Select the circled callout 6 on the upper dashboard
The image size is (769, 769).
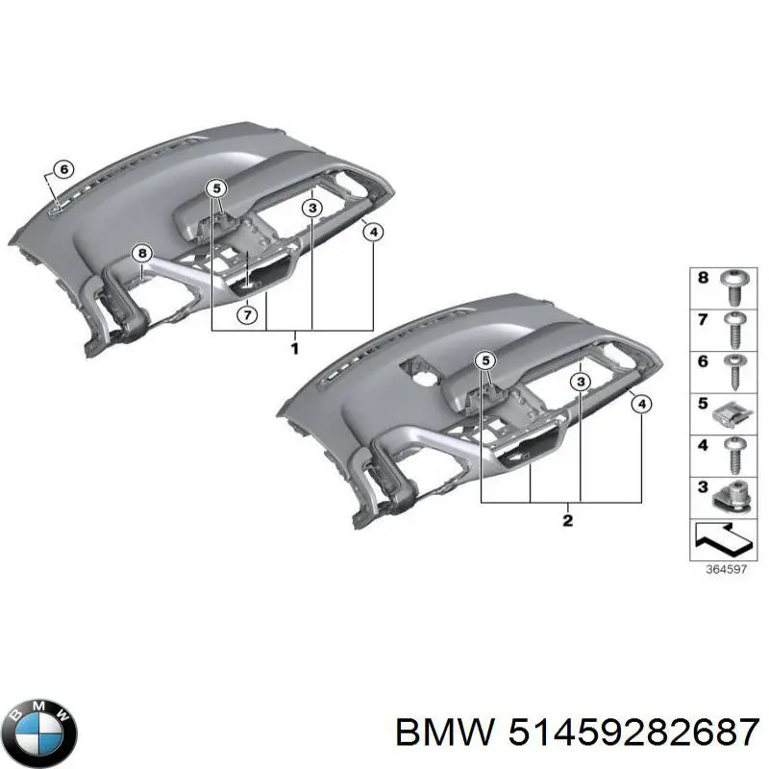pyautogui.click(x=63, y=170)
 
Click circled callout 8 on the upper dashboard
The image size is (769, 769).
pyautogui.click(x=142, y=254)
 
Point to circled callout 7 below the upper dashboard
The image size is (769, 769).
pyautogui.click(x=247, y=314)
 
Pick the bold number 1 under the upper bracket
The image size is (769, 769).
pyautogui.click(x=295, y=349)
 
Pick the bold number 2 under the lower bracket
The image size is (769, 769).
pyautogui.click(x=567, y=520)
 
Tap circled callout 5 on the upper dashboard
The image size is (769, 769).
pyautogui.click(x=217, y=187)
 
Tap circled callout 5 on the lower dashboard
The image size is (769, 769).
pyautogui.click(x=485, y=361)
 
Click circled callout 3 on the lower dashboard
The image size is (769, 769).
pyautogui.click(x=581, y=381)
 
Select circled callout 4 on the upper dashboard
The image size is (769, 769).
pyautogui.click(x=373, y=232)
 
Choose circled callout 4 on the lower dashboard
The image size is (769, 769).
pyautogui.click(x=641, y=404)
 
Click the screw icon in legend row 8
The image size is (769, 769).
pyautogui.click(x=735, y=288)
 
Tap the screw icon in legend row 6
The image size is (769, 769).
pyautogui.click(x=734, y=372)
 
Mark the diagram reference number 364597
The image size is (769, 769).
pyautogui.click(x=726, y=569)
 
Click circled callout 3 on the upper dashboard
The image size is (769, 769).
pyautogui.click(x=312, y=208)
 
